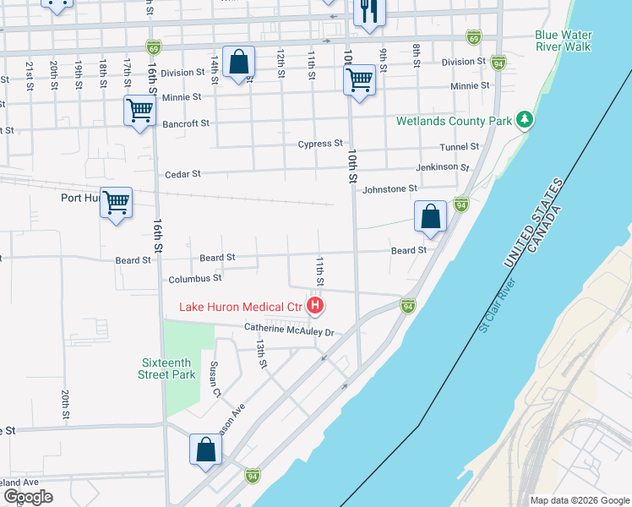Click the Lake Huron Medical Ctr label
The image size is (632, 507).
pyautogui.click(x=241, y=306)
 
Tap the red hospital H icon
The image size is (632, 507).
pyautogui.click(x=315, y=305)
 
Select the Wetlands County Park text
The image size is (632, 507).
pyautogui.click(x=455, y=121)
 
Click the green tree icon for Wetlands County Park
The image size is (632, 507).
pyautogui.click(x=525, y=120)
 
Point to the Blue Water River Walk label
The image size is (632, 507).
pyautogui.click(x=563, y=41)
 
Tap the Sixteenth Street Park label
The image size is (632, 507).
pyautogui.click(x=168, y=368)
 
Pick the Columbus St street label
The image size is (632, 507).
pyautogui.click(x=194, y=278)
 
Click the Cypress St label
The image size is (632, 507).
pyautogui.click(x=320, y=144)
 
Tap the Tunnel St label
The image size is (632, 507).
pyautogui.click(x=460, y=147)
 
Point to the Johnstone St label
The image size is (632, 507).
pyautogui.click(x=390, y=189)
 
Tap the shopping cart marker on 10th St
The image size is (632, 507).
pyautogui.click(x=359, y=81)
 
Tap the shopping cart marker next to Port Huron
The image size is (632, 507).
pyautogui.click(x=116, y=202)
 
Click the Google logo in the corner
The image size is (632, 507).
pyautogui.click(x=27, y=497)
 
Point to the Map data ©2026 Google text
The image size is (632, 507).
pyautogui.click(x=579, y=500)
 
